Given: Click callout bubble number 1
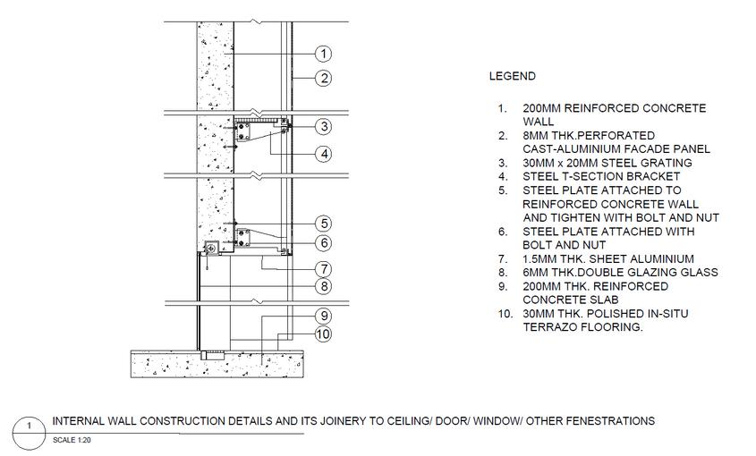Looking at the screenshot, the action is click(324, 55).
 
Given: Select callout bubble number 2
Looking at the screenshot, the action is click(324, 79).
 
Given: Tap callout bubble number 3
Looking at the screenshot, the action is click(324, 127).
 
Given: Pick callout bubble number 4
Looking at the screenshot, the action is click(324, 154).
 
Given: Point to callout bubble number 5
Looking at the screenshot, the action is click(324, 224).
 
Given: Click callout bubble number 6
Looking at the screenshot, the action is click(324, 242).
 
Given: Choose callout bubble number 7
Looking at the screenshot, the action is click(324, 269).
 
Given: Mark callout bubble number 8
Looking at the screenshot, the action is click(324, 287).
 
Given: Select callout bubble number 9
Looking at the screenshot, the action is click(324, 316).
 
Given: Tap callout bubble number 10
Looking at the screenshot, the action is click(324, 334).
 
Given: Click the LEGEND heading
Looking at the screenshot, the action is click(512, 77).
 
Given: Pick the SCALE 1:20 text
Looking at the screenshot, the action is click(73, 440).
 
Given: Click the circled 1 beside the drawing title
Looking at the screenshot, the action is click(30, 427).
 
